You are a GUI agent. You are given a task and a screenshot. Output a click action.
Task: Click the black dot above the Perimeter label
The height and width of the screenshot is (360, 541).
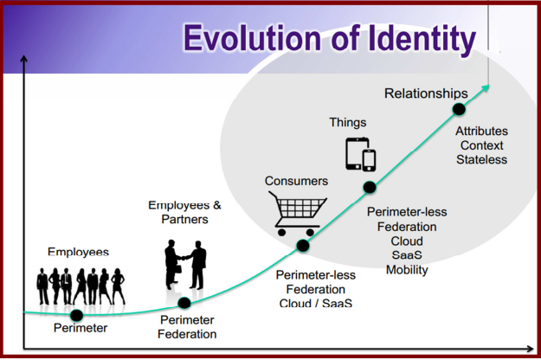click(76, 315)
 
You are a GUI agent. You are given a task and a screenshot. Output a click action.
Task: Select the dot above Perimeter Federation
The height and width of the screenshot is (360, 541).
click(184, 303)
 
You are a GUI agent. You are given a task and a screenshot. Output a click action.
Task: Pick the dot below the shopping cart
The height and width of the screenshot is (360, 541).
click(303, 246)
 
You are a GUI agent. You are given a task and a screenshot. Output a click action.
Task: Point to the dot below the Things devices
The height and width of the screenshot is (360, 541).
click(370, 188)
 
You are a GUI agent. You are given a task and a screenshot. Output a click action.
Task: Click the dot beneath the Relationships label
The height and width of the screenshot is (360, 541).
click(459, 109)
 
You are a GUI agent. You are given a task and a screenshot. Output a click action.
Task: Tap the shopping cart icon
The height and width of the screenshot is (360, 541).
click(298, 214)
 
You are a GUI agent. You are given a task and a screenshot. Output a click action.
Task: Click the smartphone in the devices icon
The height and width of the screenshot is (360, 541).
click(369, 160)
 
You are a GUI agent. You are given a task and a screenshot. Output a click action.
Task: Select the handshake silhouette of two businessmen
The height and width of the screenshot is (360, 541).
click(185, 265)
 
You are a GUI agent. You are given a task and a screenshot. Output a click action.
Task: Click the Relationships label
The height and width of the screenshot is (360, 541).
click(426, 93)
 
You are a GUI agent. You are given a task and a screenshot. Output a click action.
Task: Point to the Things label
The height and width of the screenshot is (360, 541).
click(348, 122)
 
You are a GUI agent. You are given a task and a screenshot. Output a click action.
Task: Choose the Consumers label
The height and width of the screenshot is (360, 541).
click(296, 181)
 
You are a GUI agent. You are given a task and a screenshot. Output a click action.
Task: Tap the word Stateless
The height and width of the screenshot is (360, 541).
click(481, 159)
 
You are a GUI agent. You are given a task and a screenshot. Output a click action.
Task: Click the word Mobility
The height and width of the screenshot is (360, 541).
click(407, 270)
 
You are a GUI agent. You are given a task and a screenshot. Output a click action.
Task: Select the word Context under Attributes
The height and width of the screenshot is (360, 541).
click(481, 145)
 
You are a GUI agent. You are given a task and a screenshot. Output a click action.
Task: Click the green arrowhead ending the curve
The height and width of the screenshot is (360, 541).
click(486, 88)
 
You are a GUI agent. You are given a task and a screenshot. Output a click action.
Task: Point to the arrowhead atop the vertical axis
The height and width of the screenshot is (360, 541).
click(24, 59)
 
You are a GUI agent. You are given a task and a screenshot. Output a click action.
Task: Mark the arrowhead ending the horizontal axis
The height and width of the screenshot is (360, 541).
click(531, 349)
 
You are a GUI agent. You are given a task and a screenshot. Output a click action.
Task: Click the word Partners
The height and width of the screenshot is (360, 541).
click(185, 219)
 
